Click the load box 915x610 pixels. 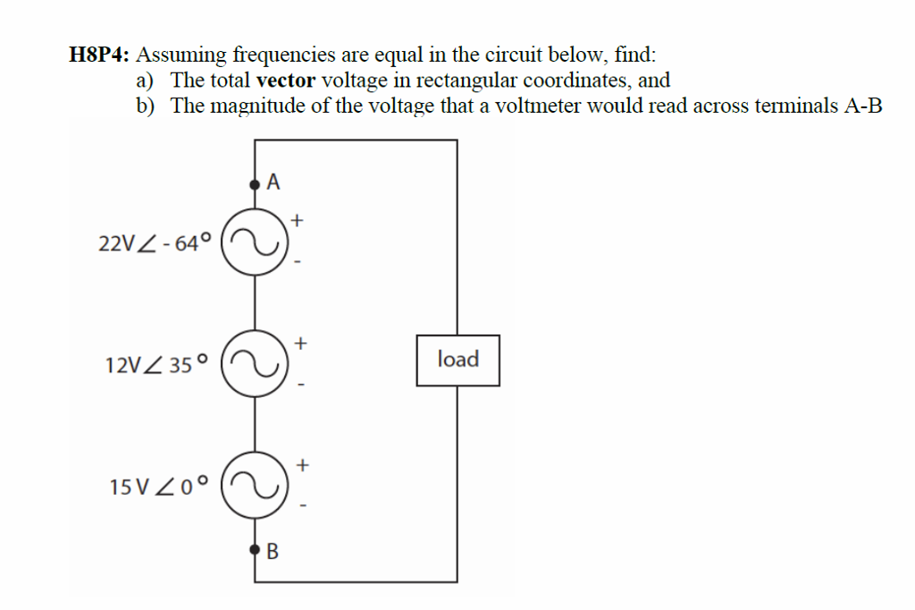click(x=457, y=360)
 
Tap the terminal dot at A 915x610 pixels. click(x=256, y=184)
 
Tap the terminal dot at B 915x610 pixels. click(x=256, y=549)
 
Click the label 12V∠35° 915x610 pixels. click(x=155, y=365)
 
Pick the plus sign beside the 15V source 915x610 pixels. click(x=303, y=464)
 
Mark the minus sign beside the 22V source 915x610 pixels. click(x=298, y=262)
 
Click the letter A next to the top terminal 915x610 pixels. click(x=273, y=182)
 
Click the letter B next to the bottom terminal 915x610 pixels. click(x=273, y=551)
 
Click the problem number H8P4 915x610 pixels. click(x=98, y=55)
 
